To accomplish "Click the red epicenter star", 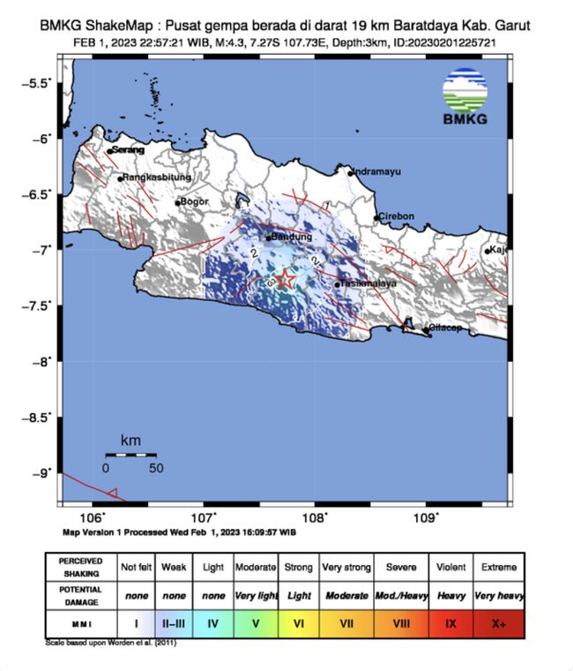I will [285, 280].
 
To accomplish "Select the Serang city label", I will [127, 151].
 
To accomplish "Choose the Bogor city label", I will [194, 202].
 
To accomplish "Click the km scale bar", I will [130, 455].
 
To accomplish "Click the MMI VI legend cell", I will [299, 624].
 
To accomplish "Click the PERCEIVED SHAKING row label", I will [80, 566].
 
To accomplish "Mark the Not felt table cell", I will [137, 566].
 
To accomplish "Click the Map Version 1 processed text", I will [179, 533].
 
